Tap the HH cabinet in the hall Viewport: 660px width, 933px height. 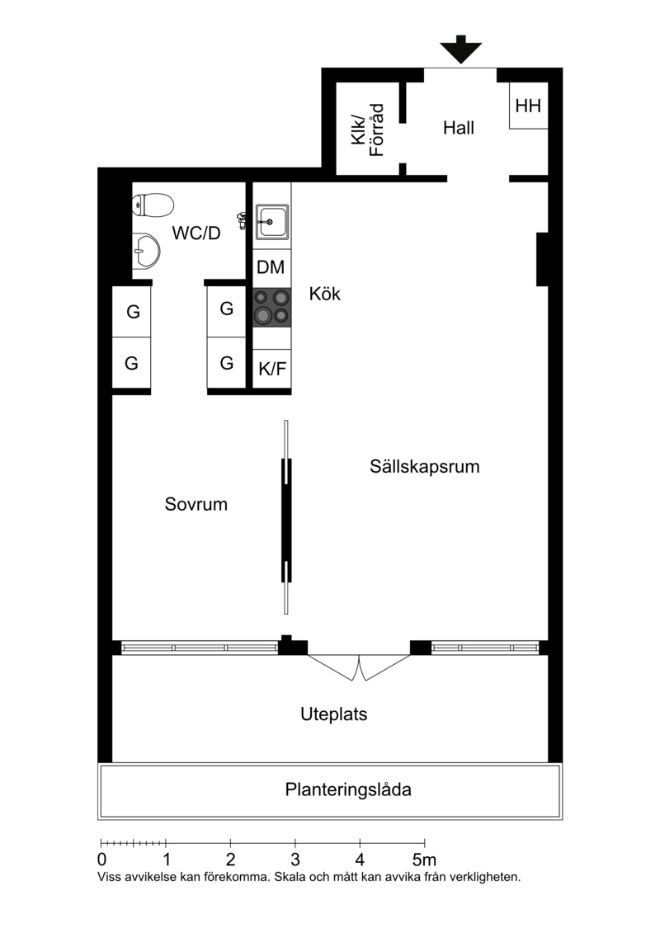coord(528,106)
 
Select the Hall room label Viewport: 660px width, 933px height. coord(458,128)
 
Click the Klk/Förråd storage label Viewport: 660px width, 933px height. coord(368,130)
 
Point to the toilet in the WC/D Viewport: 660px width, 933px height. coord(152,204)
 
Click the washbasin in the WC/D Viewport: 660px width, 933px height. coord(146,251)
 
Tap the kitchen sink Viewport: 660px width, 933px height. coord(272,222)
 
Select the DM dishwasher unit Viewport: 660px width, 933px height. coord(272,268)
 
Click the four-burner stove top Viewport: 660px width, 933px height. coord(272,307)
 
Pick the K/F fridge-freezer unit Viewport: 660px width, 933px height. coord(272,369)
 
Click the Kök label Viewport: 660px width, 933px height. coord(325,294)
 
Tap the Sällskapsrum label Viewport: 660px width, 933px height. coord(424,467)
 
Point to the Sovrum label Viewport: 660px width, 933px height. coord(196,504)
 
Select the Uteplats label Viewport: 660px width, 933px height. coord(333,714)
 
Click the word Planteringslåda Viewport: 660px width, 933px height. coord(348,789)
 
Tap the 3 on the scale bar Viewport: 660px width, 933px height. coord(295,860)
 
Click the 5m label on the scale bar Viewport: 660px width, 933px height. coord(424,860)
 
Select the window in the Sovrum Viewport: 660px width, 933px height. coord(200,648)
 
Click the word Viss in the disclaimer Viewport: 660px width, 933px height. coord(108,876)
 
